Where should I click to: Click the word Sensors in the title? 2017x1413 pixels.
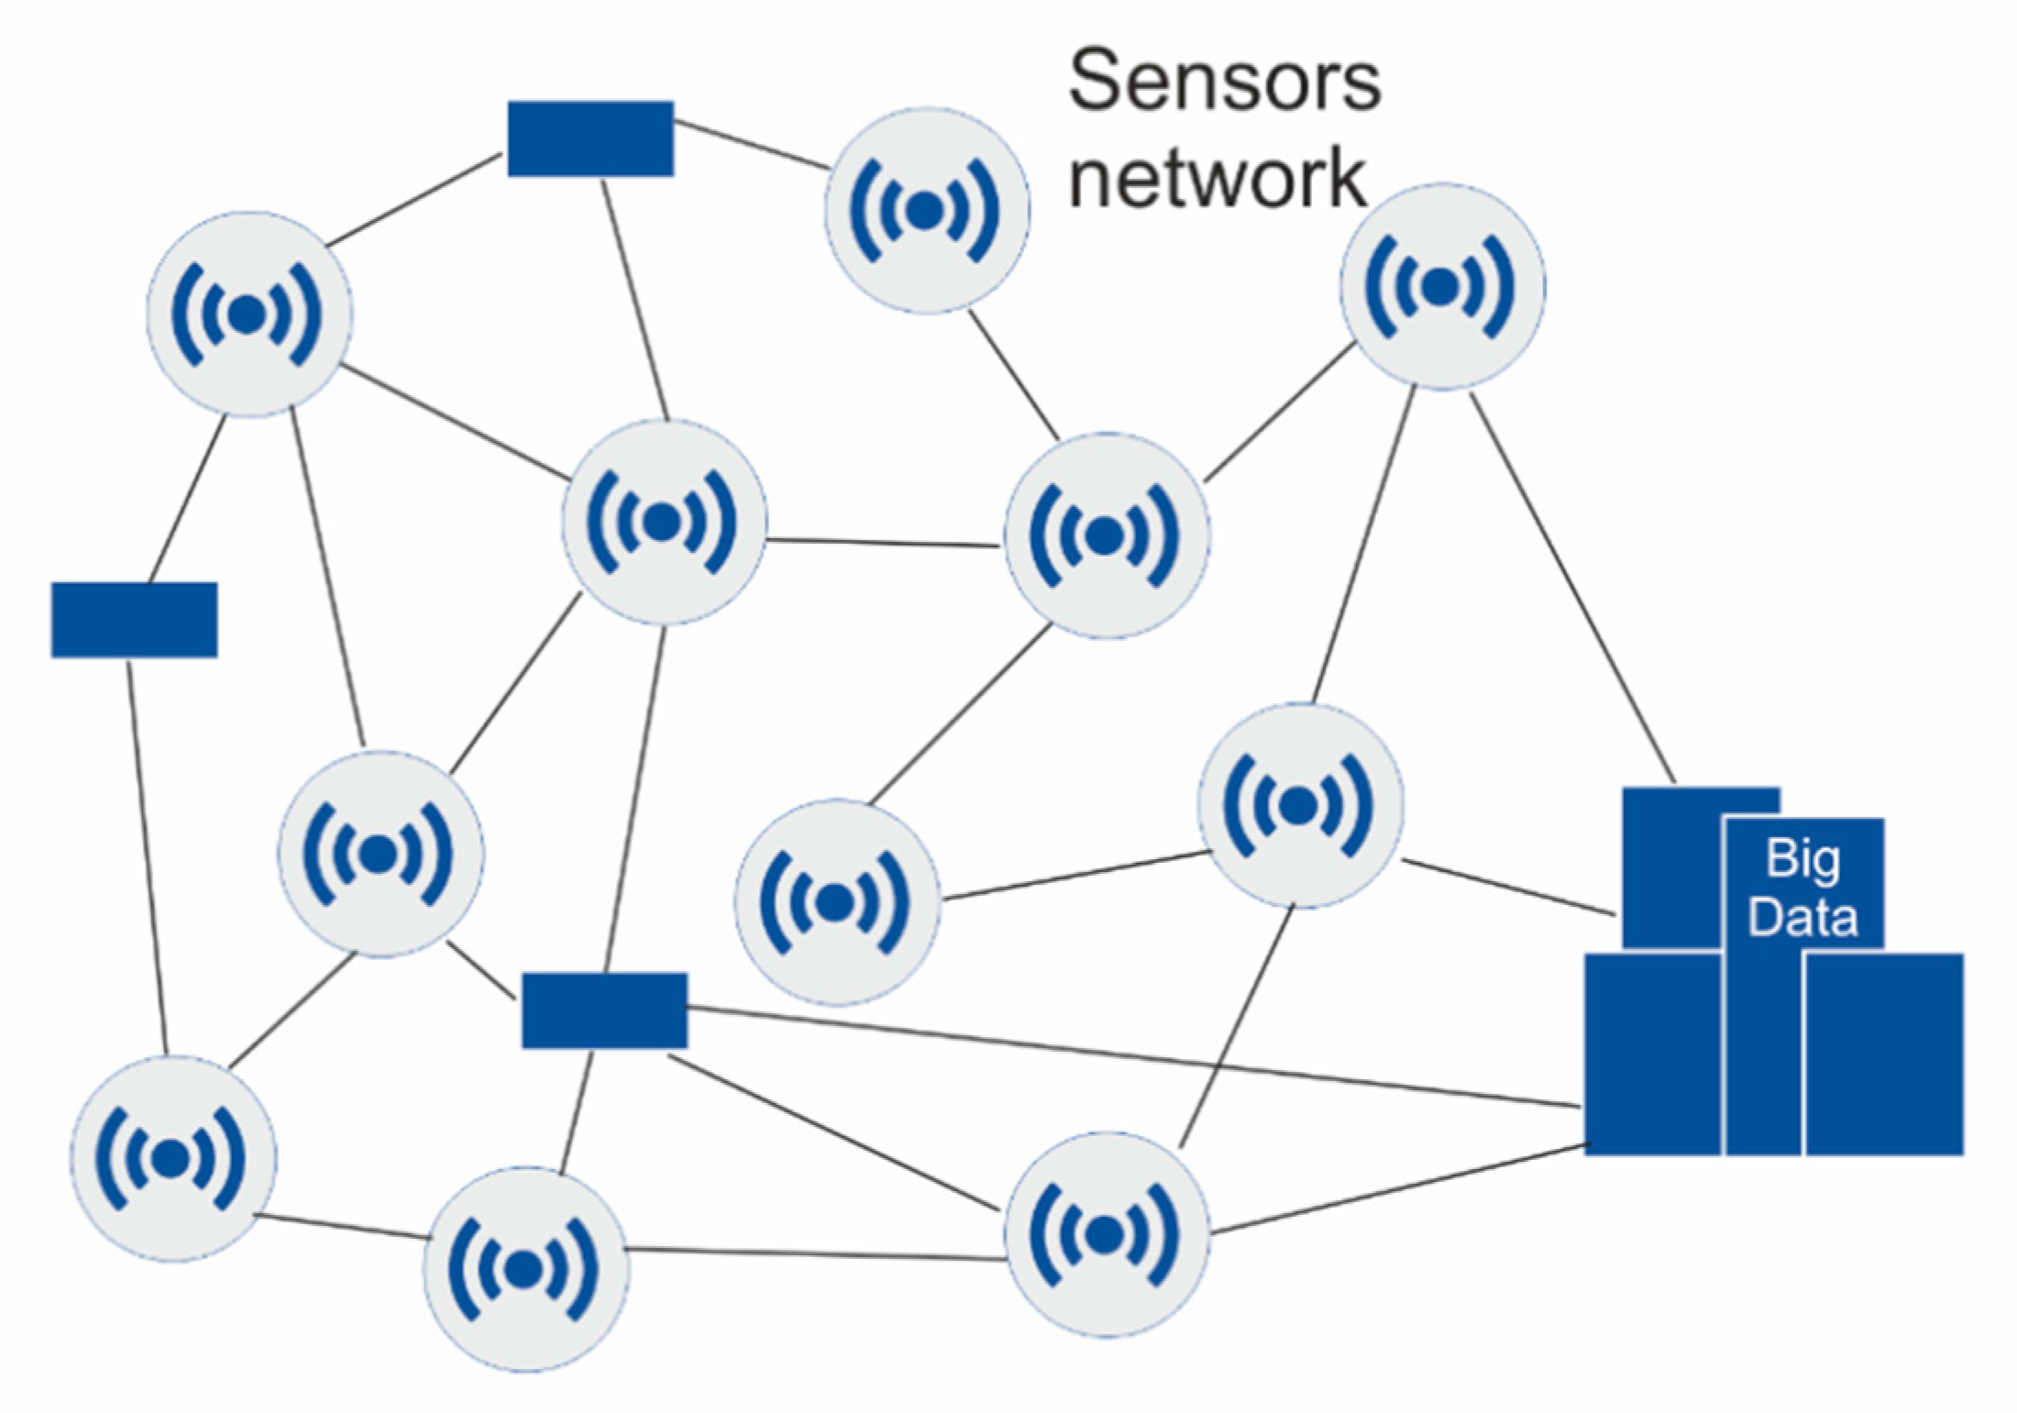pyautogui.click(x=1224, y=83)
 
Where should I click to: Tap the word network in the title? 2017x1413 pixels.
pyautogui.click(x=1218, y=178)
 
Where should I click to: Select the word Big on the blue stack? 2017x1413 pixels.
pyautogui.click(x=1802, y=859)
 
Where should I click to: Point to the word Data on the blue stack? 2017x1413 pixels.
pyautogui.click(x=1802, y=918)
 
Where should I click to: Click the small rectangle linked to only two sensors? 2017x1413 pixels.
pyautogui.click(x=134, y=620)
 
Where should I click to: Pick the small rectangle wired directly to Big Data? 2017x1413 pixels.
pyautogui.click(x=604, y=1010)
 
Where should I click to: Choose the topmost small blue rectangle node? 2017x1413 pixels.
pyautogui.click(x=590, y=138)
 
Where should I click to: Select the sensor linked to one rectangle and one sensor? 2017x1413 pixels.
pyautogui.click(x=926, y=211)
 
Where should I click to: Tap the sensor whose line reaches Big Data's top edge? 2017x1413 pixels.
pyautogui.click(x=1442, y=287)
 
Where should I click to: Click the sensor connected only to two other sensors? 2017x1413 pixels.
pyautogui.click(x=836, y=902)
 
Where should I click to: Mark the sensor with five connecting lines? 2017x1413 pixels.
pyautogui.click(x=663, y=523)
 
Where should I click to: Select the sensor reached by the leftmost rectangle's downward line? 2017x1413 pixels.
pyautogui.click(x=172, y=1159)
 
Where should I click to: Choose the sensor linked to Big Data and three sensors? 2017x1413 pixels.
pyautogui.click(x=1299, y=806)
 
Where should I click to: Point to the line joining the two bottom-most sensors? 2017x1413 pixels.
pyautogui.click(x=816, y=1253)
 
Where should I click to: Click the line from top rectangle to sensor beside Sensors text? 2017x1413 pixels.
pyautogui.click(x=752, y=145)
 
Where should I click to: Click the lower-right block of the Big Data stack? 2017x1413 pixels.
pyautogui.click(x=1884, y=1054)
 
